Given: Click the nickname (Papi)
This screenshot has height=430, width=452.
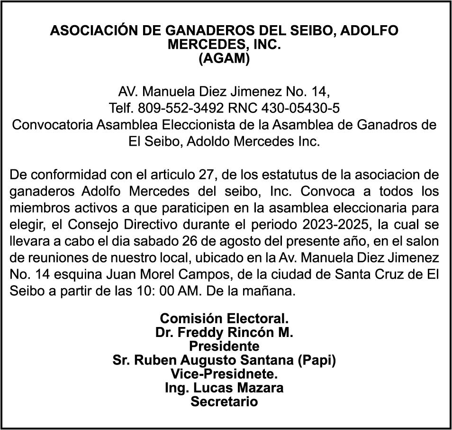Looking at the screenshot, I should (317, 360).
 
